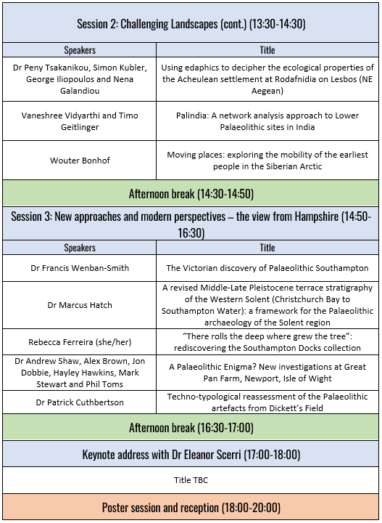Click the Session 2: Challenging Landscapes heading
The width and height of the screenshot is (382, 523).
coord(191,23)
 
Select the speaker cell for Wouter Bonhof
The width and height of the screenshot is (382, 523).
coord(80,161)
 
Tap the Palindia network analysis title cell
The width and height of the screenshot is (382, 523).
coord(267,121)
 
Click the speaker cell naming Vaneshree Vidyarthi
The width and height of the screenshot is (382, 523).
coord(80,121)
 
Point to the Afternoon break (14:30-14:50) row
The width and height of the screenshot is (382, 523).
coord(191,194)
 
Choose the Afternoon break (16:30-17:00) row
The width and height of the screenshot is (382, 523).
coord(191,427)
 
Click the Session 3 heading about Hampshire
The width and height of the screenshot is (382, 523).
coord(191,224)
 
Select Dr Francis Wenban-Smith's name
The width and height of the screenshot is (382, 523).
coord(80,268)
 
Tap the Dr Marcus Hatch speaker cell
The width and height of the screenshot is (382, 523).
coord(80,305)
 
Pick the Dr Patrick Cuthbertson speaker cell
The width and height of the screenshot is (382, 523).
coord(80,402)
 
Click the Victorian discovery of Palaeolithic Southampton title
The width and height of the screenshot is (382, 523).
coord(267,268)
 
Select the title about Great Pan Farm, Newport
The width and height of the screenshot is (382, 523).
coord(267,373)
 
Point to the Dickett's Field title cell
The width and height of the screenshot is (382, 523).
coord(267,402)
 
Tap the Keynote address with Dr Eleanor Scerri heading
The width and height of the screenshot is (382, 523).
coord(191,455)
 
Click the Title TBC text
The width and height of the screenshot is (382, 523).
coord(191,480)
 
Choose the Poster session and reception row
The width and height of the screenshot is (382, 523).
coord(191,507)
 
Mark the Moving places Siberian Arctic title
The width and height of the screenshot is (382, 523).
coord(267,161)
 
